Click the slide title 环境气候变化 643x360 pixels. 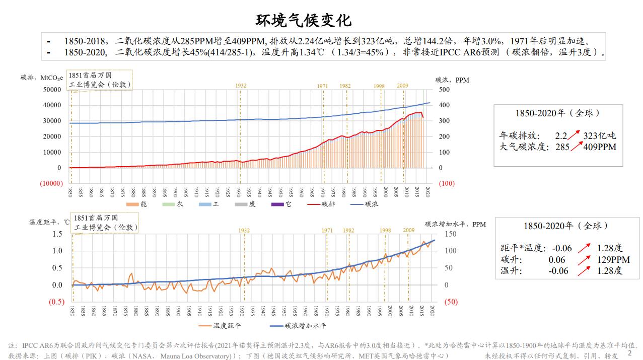[304, 20]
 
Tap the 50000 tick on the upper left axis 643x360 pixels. [52, 90]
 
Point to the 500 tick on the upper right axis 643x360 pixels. [444, 90]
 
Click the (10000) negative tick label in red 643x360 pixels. [51, 183]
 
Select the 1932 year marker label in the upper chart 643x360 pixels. [241, 86]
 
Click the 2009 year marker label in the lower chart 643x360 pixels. [408, 230]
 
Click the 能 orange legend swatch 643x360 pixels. [132, 204]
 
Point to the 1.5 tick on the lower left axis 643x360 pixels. [57, 234]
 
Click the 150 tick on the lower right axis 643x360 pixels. [450, 234]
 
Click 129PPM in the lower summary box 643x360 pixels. [613, 260]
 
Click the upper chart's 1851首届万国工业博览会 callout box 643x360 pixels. [100, 80]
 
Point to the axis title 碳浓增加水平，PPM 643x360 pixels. [455, 224]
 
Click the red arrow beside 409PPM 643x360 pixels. [576, 147]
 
